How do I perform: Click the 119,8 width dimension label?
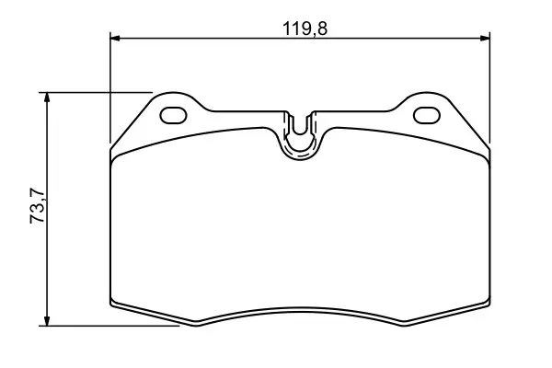click(305, 29)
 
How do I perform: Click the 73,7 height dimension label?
click(38, 206)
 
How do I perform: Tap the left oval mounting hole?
click(173, 115)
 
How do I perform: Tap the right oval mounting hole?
click(427, 115)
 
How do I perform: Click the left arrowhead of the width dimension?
click(115, 38)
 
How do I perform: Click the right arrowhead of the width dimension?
click(485, 38)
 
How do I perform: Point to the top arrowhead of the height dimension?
click(47, 98)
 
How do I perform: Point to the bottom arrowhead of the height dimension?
click(47, 320)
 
